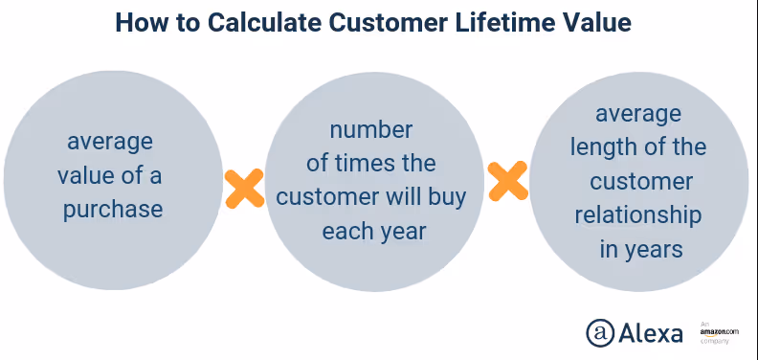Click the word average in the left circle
109,142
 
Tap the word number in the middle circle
371,130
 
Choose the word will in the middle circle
406,197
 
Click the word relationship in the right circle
638,215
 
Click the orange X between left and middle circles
244,189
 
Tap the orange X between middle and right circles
507,180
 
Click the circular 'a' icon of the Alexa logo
600,331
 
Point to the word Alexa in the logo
651,332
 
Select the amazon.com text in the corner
719,331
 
